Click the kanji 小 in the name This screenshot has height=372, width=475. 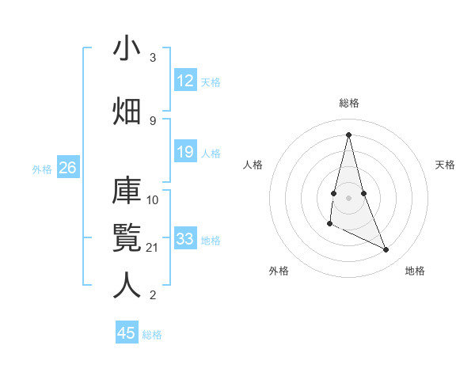tap(127, 49)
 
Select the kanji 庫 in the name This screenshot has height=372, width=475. tap(127, 192)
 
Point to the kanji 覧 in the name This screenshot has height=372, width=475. tap(127, 238)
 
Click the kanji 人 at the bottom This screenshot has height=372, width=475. tap(127, 285)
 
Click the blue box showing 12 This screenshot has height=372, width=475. tap(185, 81)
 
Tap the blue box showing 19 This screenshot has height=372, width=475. tap(185, 152)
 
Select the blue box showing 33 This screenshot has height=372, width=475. tap(185, 239)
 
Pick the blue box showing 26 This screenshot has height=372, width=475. tap(67, 168)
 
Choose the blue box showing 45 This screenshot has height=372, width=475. tap(127, 333)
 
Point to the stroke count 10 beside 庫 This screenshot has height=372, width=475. tap(154, 199)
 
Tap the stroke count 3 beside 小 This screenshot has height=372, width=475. tap(153, 58)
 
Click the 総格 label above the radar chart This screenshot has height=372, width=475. tap(349, 103)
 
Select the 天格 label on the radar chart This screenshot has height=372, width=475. tap(446, 165)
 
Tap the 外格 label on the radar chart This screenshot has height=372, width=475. tap(278, 271)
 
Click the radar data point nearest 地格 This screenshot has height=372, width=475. tap(386, 250)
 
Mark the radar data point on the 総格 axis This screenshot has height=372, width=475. tap(349, 134)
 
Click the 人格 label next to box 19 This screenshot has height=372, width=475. tap(211, 153)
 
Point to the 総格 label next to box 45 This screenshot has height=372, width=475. tap(153, 334)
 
